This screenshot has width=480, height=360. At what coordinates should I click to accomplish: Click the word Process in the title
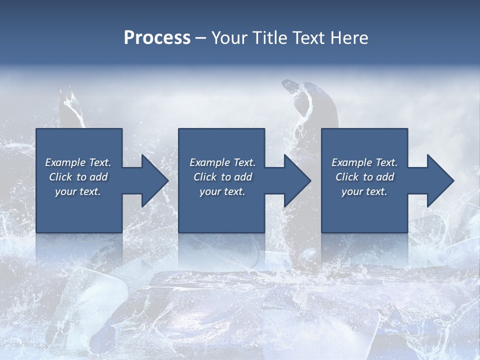[157, 38]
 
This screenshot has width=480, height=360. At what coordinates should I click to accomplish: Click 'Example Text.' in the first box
[78, 162]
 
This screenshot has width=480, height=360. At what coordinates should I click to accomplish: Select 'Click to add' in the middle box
[222, 177]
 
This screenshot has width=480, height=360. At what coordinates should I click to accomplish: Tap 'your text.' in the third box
[364, 191]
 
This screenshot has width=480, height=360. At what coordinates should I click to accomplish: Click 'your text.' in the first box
[78, 191]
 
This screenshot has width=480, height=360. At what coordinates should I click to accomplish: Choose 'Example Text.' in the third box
[364, 162]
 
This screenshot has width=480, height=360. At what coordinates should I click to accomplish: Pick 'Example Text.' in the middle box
[222, 162]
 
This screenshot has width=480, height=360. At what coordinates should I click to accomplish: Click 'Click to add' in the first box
[78, 177]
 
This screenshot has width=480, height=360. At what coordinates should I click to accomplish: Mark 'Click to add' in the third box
[364, 177]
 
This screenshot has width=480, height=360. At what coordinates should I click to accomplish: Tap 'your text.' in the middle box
[222, 191]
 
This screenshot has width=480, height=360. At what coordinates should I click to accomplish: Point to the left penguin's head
[67, 100]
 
